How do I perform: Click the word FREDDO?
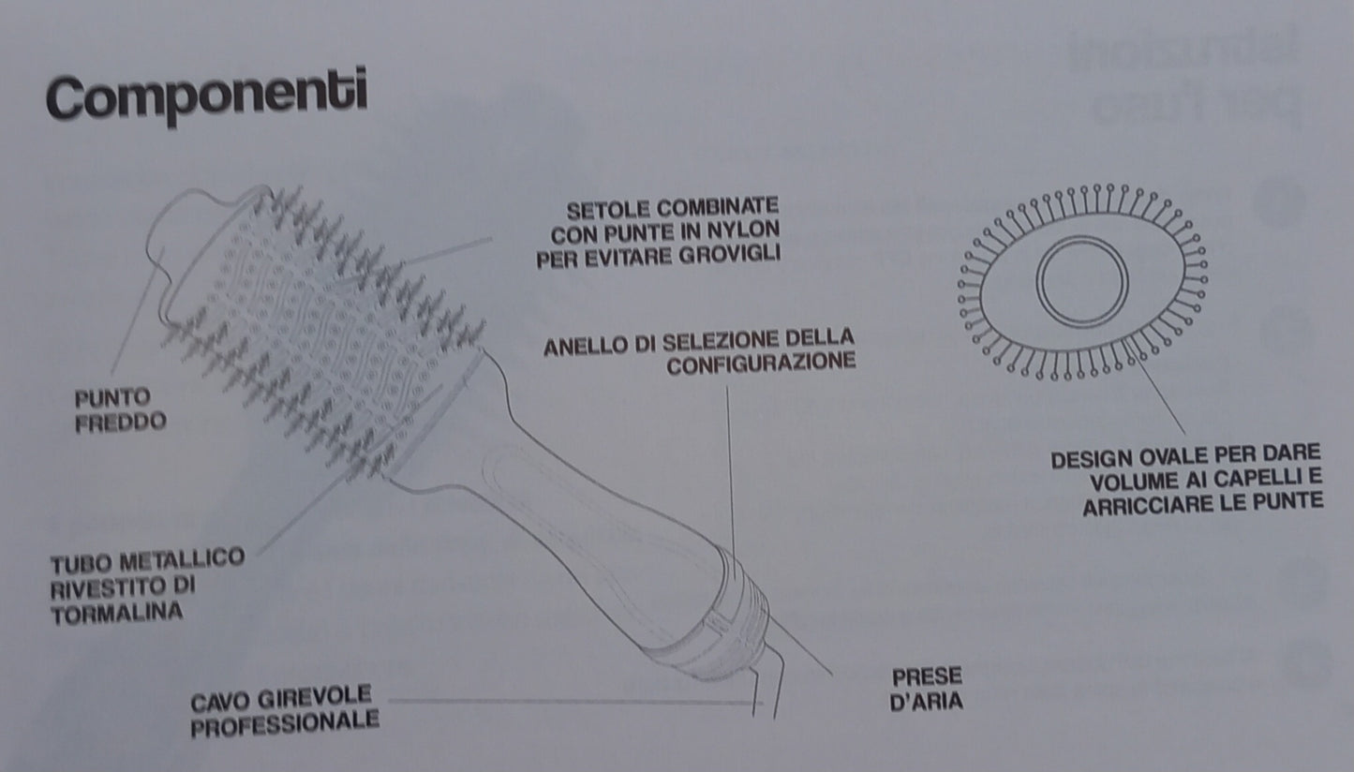pyautogui.click(x=121, y=421)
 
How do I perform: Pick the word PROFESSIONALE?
pyautogui.click(x=284, y=721)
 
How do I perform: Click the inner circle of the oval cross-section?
pyautogui.click(x=1082, y=281)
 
